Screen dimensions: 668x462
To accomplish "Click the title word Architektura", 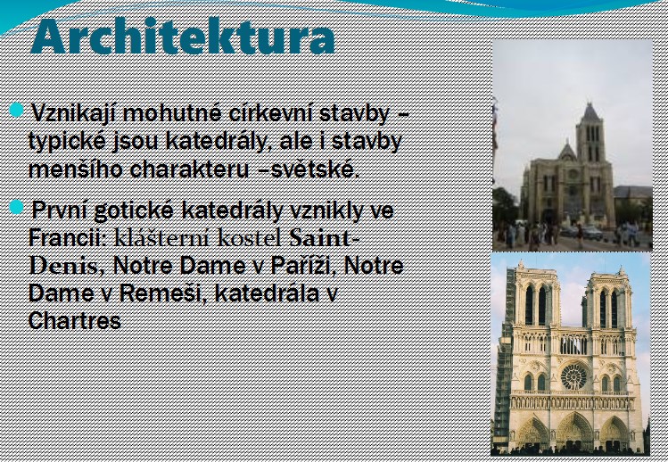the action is tap(183, 37).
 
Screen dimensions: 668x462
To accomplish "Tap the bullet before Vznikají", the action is tap(16, 110).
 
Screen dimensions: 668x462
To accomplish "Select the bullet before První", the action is tap(16, 207).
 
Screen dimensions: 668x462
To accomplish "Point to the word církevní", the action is tap(270, 113).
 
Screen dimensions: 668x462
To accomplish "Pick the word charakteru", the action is tap(189, 169).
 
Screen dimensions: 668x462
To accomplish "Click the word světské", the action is tap(316, 169).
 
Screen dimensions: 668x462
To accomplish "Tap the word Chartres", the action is tap(75, 320).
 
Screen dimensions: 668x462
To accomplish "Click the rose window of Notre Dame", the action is tap(573, 376).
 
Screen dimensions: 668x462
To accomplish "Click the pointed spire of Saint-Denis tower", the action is tap(590, 112).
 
